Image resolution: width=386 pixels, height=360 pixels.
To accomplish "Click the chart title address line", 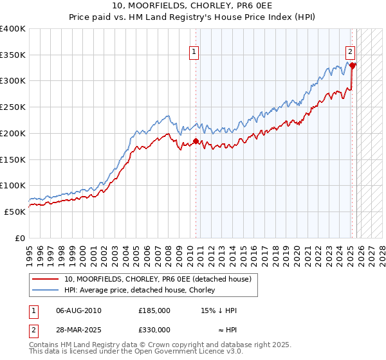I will click(x=193, y=6).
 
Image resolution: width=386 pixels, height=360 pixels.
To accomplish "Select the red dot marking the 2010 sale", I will click(x=196, y=141).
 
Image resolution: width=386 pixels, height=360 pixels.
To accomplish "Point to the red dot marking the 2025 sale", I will click(x=353, y=65).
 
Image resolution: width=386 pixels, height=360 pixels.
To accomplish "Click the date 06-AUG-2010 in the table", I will click(x=78, y=310).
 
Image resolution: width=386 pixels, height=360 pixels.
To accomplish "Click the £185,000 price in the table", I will click(x=154, y=310).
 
